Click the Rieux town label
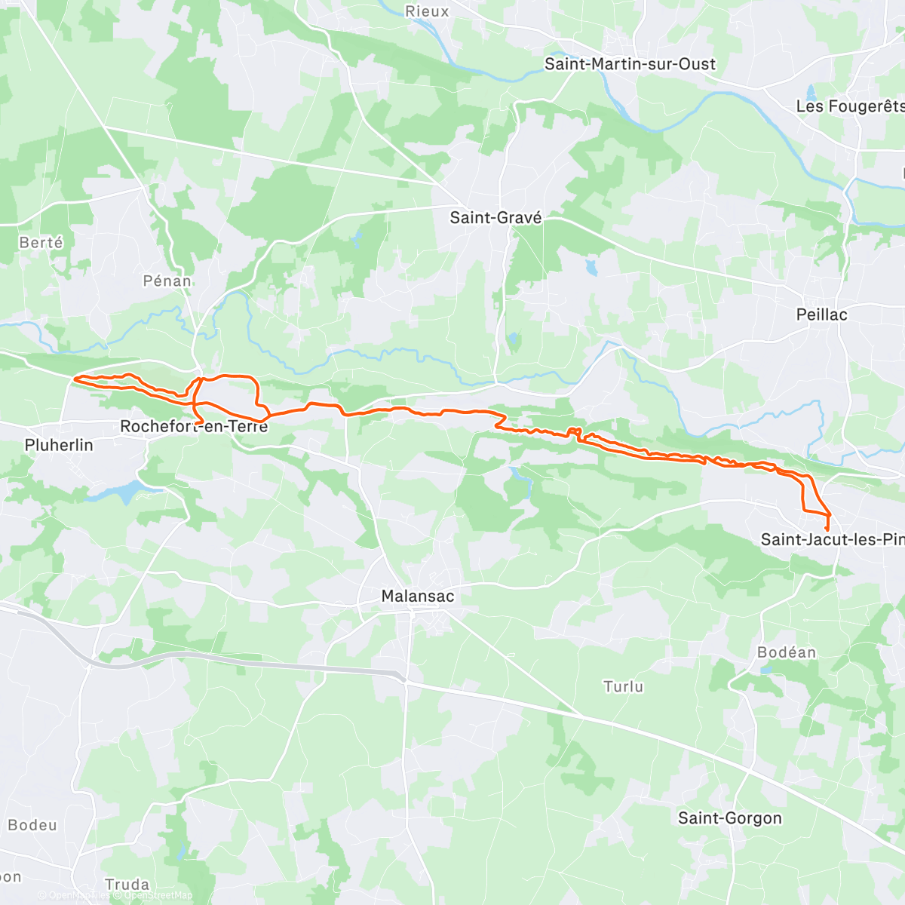(x=427, y=11)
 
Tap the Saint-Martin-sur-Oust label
(x=630, y=64)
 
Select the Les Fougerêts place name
(x=849, y=106)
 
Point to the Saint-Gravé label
(x=495, y=218)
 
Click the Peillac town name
(x=821, y=314)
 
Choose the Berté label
(x=41, y=243)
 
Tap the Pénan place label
(x=167, y=281)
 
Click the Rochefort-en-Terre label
(x=194, y=427)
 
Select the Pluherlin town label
(x=59, y=445)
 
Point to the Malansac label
(x=418, y=596)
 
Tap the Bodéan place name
(x=787, y=652)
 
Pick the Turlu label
(x=623, y=686)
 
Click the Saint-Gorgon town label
(x=729, y=818)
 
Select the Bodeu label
(x=32, y=825)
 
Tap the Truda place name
(x=127, y=885)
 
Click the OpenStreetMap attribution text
(x=158, y=895)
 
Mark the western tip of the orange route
(x=74, y=379)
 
